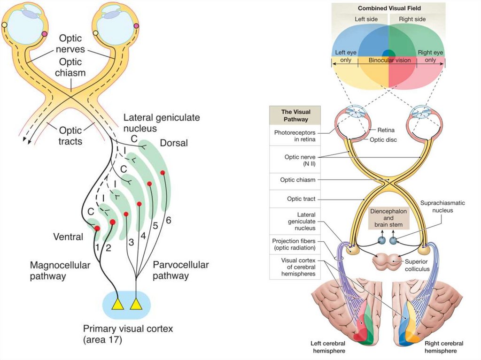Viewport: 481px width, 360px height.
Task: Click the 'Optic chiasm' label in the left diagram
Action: pos(70,67)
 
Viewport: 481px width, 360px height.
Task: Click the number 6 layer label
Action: pos(168,220)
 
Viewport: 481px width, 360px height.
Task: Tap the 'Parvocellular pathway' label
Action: pos(180,270)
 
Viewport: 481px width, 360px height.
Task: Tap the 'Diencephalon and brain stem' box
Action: pos(388,218)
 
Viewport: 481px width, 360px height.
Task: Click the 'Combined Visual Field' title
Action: pos(389,8)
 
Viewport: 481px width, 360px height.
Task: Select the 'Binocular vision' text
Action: pos(389,61)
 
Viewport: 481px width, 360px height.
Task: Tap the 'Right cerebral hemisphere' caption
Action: pos(443,347)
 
